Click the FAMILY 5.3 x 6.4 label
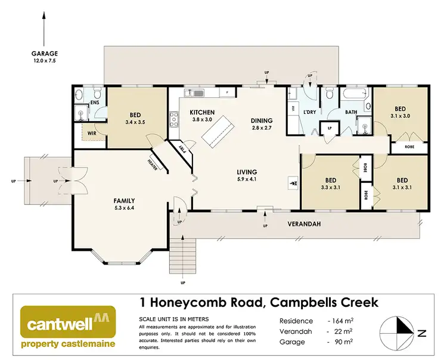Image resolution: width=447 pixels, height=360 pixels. click(125, 204)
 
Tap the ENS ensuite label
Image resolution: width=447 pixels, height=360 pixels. click(94, 103)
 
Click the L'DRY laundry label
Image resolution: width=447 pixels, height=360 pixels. click(309, 112)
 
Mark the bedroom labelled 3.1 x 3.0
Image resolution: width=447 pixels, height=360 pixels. click(400, 113)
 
